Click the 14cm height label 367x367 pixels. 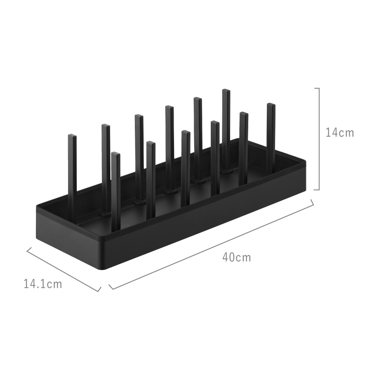pos(340,133)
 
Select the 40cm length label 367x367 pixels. pos(237,257)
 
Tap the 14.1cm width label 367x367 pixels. pos(43,284)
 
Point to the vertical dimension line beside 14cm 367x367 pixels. pos(319,139)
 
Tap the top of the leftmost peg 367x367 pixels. pos(72,136)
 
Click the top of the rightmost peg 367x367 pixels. pos(271,104)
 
